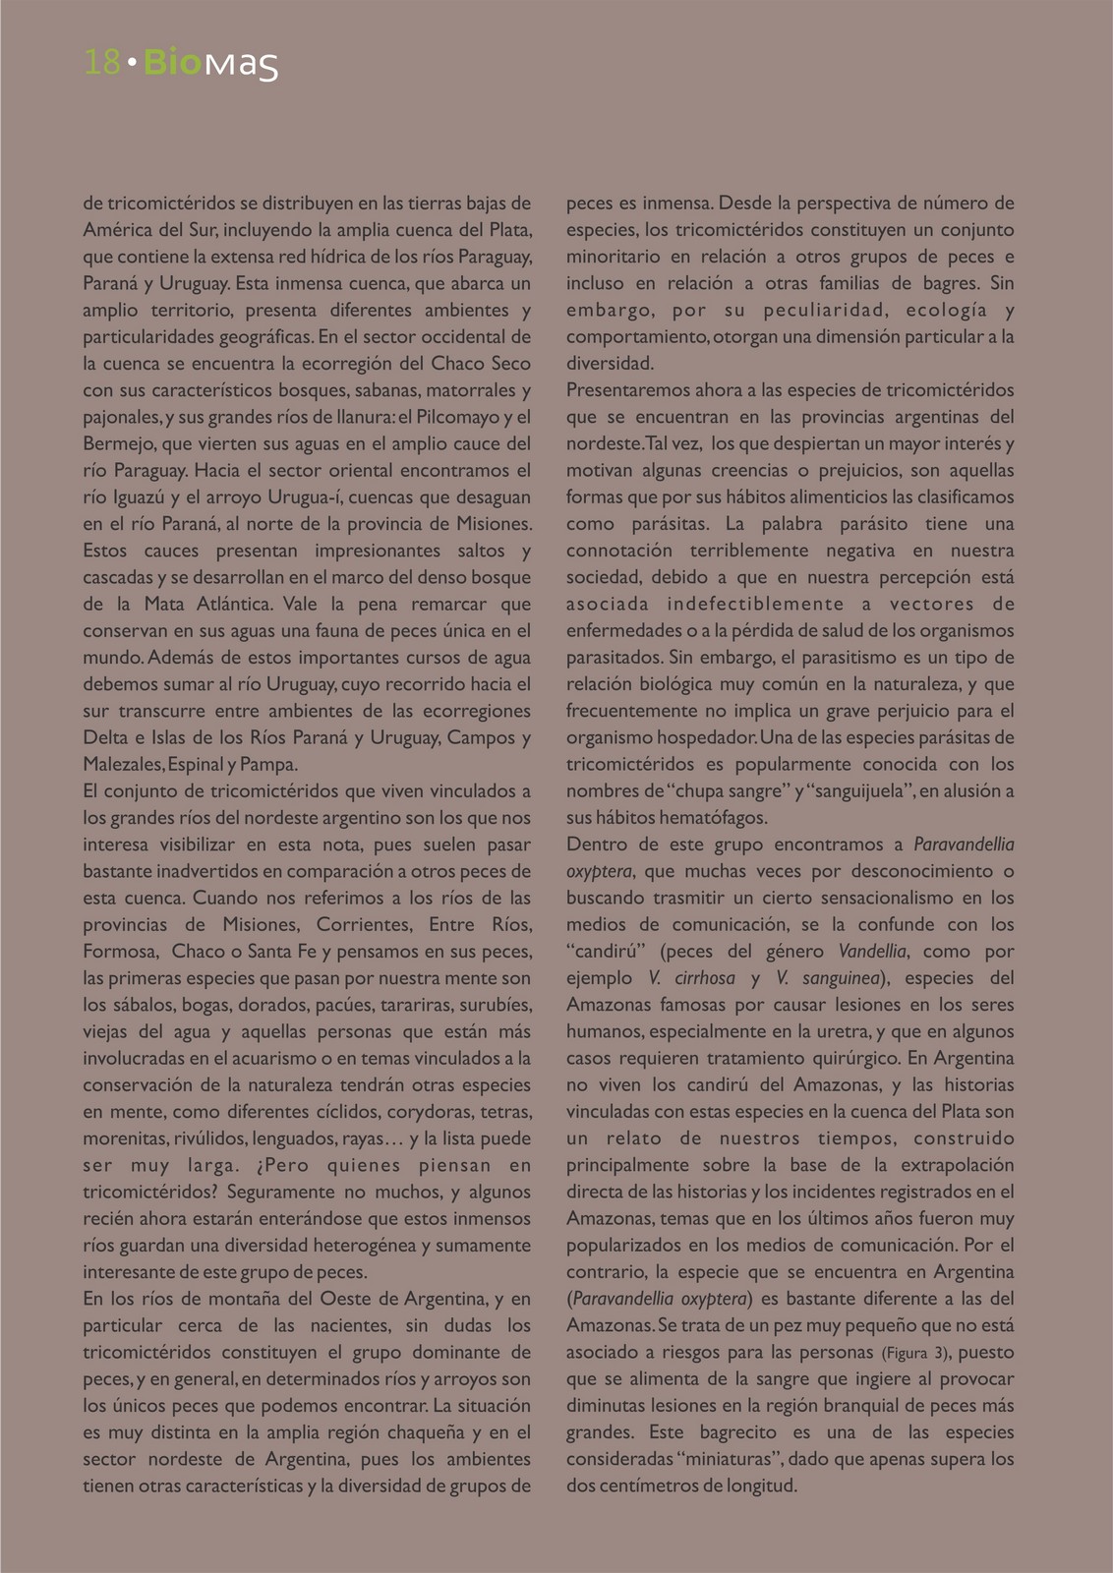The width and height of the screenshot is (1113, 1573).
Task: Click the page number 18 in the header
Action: tap(102, 63)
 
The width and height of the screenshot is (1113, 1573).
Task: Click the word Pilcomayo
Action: tap(458, 417)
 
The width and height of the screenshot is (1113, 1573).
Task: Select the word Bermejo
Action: tap(116, 443)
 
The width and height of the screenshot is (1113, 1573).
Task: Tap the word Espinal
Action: tap(195, 764)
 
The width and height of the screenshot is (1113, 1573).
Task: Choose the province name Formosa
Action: tap(120, 952)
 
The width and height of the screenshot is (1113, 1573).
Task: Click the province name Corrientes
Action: tap(363, 924)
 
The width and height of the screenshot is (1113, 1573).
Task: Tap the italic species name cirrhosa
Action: tap(705, 978)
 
